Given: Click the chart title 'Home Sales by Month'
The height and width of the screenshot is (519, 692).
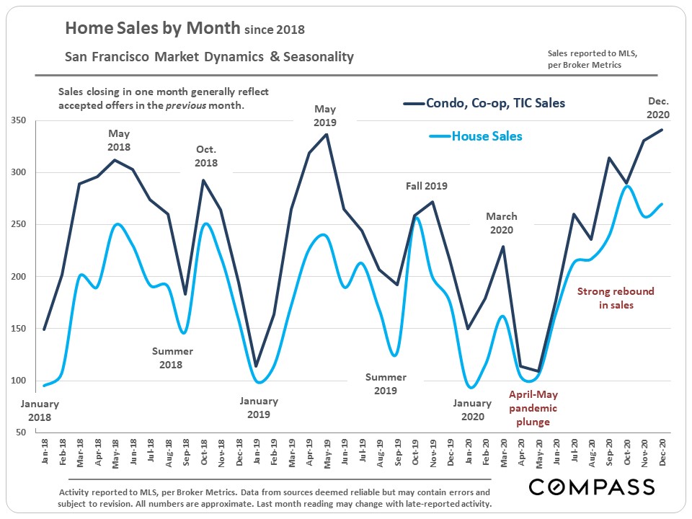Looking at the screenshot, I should click(152, 29).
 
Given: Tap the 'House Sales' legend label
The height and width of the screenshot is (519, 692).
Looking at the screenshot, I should click(487, 136).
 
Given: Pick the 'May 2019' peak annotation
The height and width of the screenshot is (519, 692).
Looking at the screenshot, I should click(326, 115).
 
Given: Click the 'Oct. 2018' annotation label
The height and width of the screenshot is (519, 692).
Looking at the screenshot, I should click(206, 156).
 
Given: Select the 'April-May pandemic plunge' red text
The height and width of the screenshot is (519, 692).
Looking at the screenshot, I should click(533, 408).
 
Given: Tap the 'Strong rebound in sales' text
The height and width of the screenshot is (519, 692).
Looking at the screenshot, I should click(616, 298).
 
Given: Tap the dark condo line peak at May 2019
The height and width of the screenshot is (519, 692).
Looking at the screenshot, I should click(327, 134).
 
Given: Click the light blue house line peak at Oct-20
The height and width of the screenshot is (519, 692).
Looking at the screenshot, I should click(627, 186).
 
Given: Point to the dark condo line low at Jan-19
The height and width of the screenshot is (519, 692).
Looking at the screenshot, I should click(256, 366).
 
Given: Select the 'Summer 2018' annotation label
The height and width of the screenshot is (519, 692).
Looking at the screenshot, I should click(172, 358).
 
